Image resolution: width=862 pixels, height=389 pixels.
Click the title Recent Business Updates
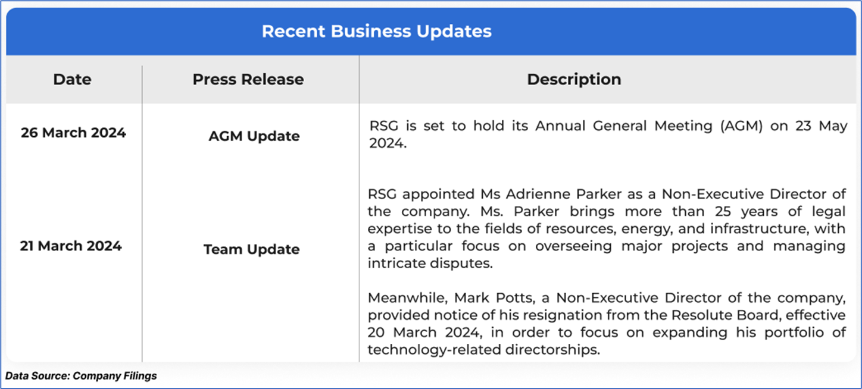coord(376,32)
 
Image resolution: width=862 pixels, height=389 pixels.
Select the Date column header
coord(73,80)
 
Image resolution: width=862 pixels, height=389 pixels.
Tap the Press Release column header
coord(248,80)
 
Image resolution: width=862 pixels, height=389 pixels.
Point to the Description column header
coord(574,80)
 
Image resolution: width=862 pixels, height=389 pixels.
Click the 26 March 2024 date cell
coord(73,133)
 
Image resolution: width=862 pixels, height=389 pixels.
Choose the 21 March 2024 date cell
coord(71,246)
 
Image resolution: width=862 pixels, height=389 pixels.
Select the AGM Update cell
coord(254,136)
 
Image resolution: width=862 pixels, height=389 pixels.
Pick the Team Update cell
coord(252,249)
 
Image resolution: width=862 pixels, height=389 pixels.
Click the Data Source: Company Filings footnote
coord(81,376)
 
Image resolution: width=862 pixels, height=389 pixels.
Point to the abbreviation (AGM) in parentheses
coord(741,126)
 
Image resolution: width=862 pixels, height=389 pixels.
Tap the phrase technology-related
coord(433,350)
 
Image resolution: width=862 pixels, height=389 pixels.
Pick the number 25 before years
coord(723,211)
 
